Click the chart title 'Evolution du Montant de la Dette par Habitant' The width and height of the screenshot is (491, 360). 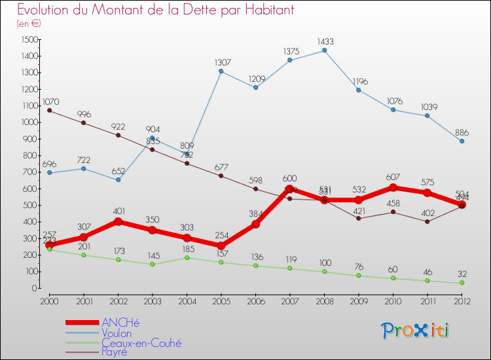[155, 10]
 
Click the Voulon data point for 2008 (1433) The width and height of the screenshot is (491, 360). [325, 50]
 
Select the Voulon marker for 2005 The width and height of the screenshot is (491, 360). [221, 71]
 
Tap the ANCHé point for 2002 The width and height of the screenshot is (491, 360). [118, 221]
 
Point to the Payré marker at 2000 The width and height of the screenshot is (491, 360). [49, 110]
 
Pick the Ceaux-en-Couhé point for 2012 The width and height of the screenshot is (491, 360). [462, 283]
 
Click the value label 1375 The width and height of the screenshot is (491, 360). [290, 51]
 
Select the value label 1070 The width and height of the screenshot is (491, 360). [50, 101]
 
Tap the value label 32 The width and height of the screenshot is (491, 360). [462, 274]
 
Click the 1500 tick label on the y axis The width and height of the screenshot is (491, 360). [29, 39]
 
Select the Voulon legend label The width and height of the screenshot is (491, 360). [117, 333]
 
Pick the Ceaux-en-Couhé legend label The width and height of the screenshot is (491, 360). [141, 342]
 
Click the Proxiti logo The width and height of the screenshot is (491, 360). [416, 331]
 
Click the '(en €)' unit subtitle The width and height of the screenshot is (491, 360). [29, 23]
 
